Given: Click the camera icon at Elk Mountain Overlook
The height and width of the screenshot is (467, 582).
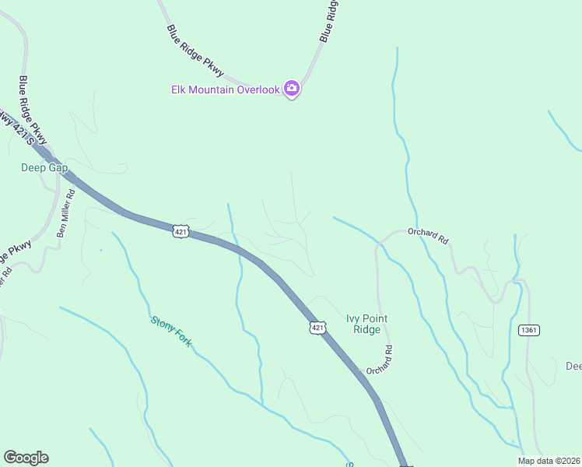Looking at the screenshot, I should coord(292,89).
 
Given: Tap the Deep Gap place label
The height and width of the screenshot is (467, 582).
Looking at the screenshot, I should coord(44,167).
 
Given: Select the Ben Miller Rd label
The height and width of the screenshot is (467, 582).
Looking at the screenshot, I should coord(68,215).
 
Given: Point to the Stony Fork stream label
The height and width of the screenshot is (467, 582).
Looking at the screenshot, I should coord(171,331).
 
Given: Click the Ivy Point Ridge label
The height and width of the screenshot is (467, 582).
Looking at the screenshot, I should coord(366,324).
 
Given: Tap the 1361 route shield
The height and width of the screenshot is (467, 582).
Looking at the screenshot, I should coord(528,330).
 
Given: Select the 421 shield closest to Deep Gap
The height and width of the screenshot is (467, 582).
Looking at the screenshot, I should coord(181,231).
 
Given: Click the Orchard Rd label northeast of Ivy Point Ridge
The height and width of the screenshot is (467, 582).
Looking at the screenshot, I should coord(428,236).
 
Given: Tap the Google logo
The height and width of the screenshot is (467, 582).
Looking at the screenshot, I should coord(26,458).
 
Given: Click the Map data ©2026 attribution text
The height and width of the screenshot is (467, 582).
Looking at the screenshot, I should coord(549,461).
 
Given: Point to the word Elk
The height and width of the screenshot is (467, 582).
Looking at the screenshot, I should coord(179,90).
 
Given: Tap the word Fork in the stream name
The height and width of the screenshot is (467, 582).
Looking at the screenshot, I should coord(182,339).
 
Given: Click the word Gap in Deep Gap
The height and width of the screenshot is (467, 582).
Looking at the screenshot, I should coord(58,167).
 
